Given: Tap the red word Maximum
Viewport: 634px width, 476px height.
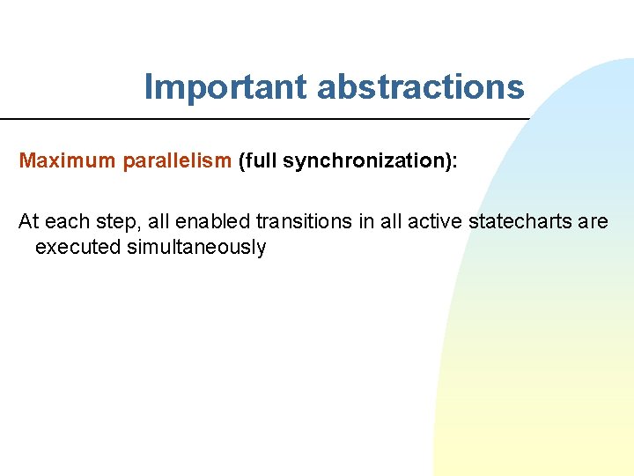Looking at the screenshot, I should coord(67,160).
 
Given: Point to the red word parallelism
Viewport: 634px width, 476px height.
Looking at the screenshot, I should coord(177,160).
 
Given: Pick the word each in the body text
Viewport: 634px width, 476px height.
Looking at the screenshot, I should coord(67,221).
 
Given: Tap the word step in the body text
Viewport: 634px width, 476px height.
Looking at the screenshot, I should coord(113,222).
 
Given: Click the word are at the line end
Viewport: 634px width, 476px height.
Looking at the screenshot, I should coord(593,222).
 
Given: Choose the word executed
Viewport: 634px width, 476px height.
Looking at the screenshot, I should coord(78,247).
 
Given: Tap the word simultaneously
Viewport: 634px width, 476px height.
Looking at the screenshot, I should coord(196,248).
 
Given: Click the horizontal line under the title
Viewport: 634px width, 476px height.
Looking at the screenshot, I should coord(264,119).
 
